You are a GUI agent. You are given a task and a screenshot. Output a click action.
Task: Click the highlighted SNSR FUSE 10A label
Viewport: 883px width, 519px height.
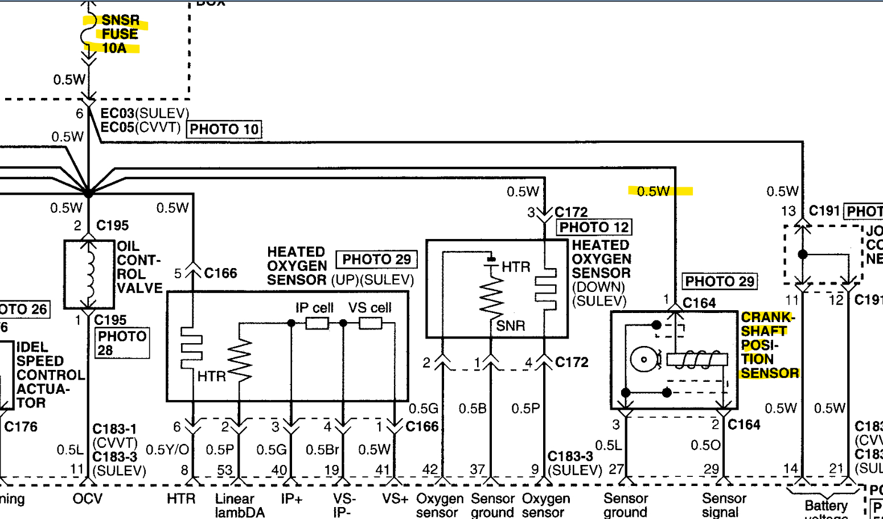tap(119, 35)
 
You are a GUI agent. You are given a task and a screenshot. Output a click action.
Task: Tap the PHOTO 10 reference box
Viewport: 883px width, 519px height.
tap(224, 130)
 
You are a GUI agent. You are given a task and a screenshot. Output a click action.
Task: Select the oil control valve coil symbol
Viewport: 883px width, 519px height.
tap(89, 275)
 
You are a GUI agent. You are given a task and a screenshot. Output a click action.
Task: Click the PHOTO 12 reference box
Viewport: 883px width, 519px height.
tap(594, 228)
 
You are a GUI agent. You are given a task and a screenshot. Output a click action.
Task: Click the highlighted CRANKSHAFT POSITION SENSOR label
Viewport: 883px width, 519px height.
tap(769, 345)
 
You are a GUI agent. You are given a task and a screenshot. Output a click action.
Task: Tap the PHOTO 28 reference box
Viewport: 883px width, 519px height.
tap(121, 343)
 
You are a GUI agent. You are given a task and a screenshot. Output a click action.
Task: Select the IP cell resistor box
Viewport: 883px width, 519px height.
tap(317, 324)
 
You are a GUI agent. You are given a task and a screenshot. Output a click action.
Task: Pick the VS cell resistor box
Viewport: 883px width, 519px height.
tap(370, 324)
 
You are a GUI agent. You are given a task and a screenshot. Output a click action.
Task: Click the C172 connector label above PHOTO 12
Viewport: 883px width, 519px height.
tap(571, 212)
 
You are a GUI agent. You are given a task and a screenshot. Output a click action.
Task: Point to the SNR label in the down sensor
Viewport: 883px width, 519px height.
tap(511, 326)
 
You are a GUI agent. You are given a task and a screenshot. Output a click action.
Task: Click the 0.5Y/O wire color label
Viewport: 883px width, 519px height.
tap(167, 450)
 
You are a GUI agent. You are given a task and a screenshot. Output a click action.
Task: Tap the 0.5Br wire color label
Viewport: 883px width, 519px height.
tap(322, 450)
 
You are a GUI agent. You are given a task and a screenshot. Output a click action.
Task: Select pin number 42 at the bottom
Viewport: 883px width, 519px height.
tap(430, 469)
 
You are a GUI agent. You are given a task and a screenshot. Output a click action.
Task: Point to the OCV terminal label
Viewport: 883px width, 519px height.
tap(88, 499)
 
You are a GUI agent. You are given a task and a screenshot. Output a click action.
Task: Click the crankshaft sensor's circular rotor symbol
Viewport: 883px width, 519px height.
tap(643, 360)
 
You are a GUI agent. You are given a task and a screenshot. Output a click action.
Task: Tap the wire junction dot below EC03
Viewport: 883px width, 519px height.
tap(89, 193)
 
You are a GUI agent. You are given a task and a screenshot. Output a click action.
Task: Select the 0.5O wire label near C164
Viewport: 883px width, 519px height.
tap(705, 446)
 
